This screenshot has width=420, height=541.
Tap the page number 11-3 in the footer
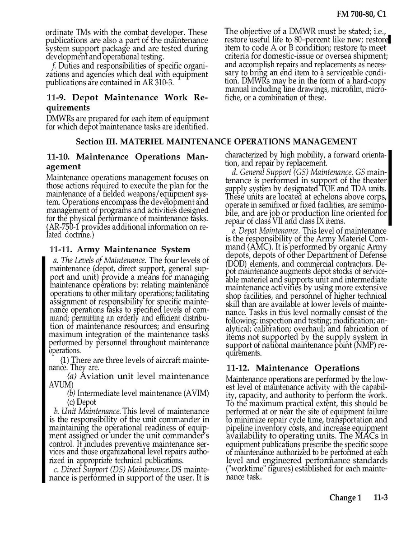click(381, 498)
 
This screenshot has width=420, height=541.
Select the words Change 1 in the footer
click(345, 498)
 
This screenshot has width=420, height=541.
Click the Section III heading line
click(216, 142)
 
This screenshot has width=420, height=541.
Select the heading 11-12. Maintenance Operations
click(293, 368)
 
